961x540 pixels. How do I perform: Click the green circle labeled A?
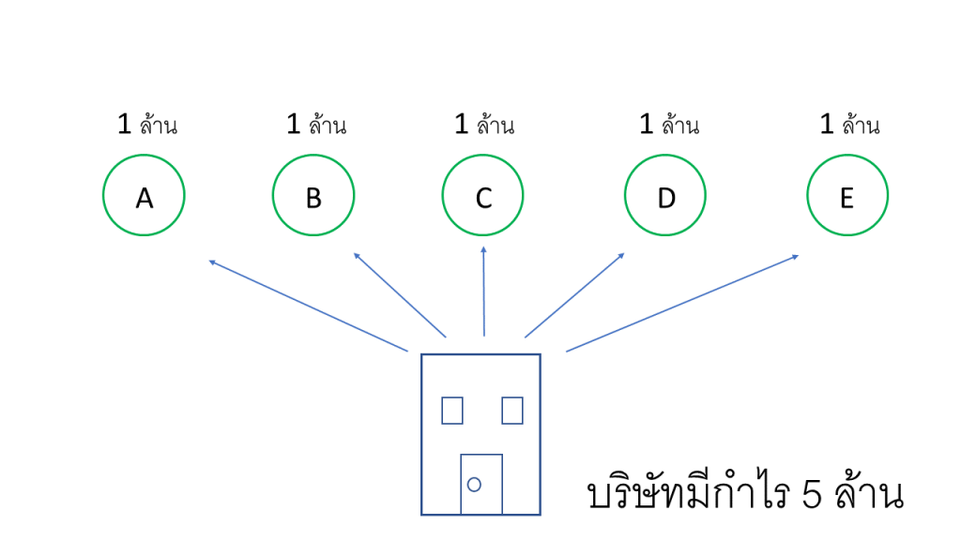[144, 196]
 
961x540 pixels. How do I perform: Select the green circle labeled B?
[313, 196]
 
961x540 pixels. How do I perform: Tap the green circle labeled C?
[483, 196]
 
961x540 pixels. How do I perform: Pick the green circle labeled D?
[665, 196]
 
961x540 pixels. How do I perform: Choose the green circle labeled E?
[847, 196]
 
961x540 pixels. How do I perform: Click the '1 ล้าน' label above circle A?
[147, 125]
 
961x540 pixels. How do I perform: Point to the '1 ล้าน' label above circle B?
[316, 125]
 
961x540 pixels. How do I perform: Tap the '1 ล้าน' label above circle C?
[484, 125]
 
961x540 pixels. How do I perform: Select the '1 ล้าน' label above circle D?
[669, 125]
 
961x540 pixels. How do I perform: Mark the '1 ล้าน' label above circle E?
[850, 125]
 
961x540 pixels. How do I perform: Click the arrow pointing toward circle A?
[308, 306]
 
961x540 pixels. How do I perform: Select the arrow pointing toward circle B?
[400, 294]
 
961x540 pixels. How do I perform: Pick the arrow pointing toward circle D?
[574, 294]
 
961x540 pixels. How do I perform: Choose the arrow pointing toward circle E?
[682, 303]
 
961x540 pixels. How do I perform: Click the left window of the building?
[452, 411]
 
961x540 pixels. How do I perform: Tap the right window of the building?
[512, 411]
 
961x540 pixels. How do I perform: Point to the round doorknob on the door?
[474, 484]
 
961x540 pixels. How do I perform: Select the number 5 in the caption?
[813, 495]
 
